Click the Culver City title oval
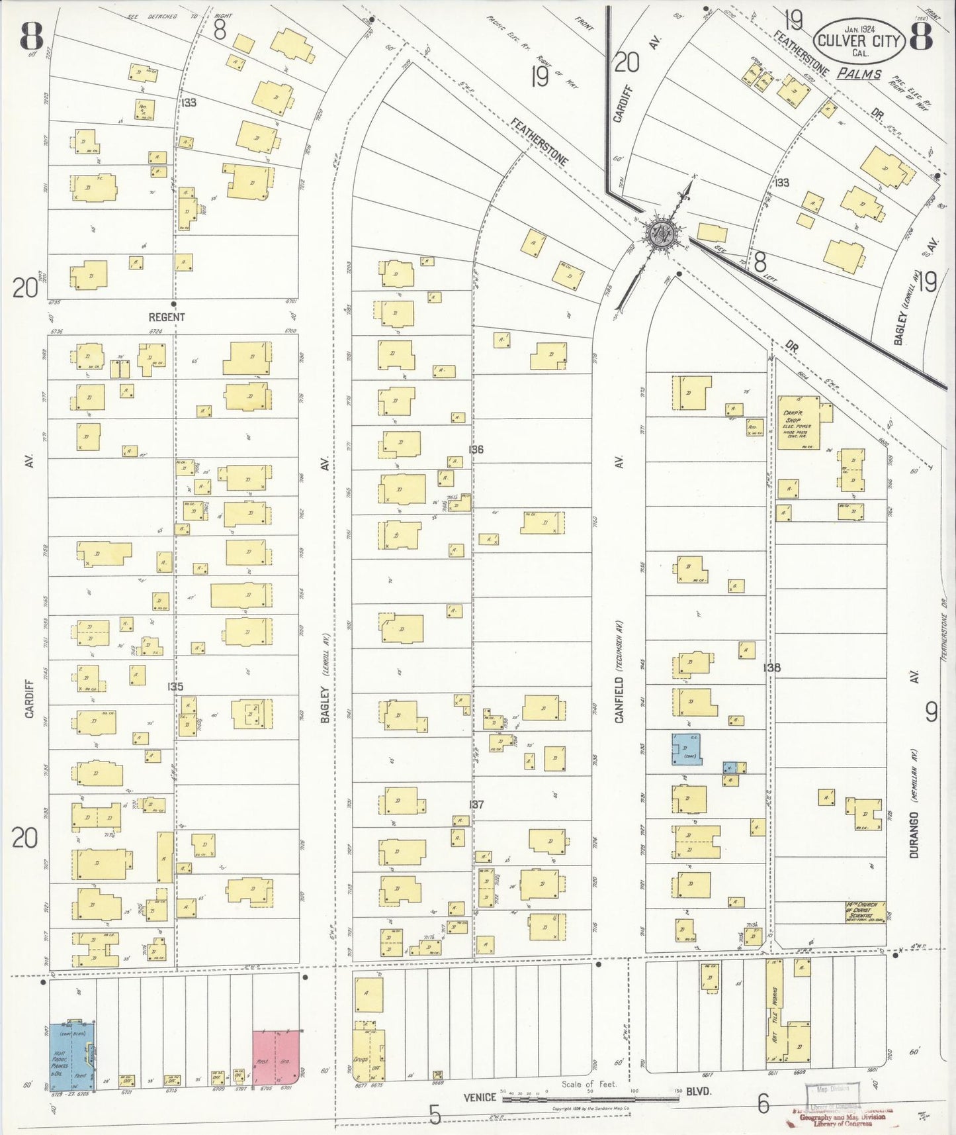click(859, 40)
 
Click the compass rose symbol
click(659, 232)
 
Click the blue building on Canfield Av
click(687, 749)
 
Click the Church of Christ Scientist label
click(865, 913)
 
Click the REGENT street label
click(167, 317)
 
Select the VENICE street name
click(480, 1097)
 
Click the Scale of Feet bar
click(589, 1099)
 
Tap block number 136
click(476, 450)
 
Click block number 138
click(771, 667)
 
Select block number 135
click(175, 687)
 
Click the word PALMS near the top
click(859, 74)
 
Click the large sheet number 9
click(931, 713)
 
